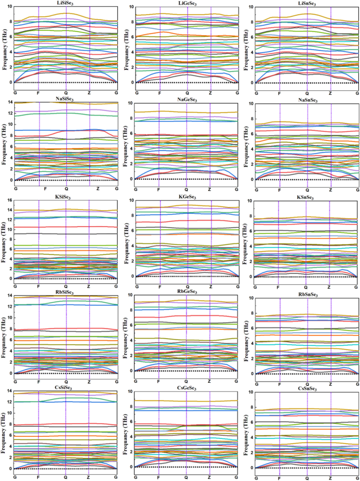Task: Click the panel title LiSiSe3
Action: [66, 3]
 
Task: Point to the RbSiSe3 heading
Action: [66, 293]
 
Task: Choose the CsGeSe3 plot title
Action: [186, 389]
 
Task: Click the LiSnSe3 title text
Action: [307, 3]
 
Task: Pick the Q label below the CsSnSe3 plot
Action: [307, 478]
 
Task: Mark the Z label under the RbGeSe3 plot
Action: [210, 381]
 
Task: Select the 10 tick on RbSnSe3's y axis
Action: [252, 298]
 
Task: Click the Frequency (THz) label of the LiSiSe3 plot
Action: [4, 45]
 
